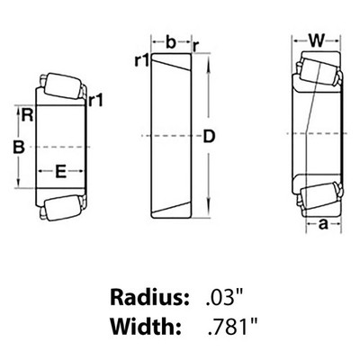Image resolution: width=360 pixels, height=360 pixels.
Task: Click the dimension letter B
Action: pyautogui.click(x=19, y=147)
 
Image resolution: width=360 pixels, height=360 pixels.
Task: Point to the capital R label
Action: pyautogui.click(x=27, y=115)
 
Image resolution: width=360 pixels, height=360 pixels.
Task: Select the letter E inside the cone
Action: pyautogui.click(x=61, y=172)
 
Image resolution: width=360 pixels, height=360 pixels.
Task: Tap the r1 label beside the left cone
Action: pyautogui.click(x=96, y=101)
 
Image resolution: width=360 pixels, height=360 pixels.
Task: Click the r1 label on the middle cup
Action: pyautogui.click(x=142, y=60)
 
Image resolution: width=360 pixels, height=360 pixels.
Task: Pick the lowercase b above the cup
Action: pyautogui.click(x=171, y=42)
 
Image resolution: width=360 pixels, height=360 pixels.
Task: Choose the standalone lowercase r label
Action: pyautogui.click(x=196, y=46)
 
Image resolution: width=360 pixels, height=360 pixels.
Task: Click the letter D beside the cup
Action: pyautogui.click(x=209, y=137)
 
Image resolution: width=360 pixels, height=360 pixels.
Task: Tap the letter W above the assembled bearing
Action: pyautogui.click(x=317, y=40)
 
